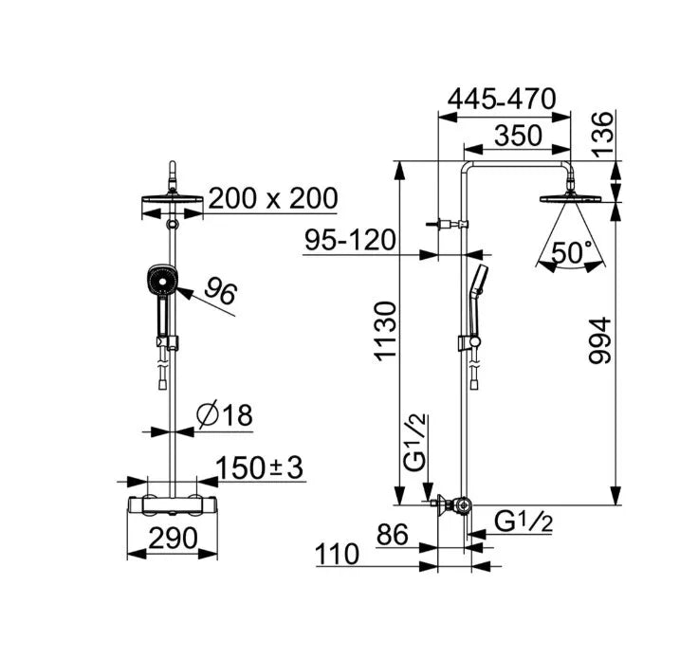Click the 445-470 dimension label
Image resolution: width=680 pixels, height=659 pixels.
(502, 99)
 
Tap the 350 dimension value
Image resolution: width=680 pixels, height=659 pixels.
(518, 135)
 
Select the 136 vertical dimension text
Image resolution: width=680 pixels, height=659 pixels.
(604, 134)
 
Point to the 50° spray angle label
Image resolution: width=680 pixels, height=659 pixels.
(572, 252)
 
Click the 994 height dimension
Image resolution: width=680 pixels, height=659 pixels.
(600, 340)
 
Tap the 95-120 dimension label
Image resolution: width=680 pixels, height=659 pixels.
(350, 240)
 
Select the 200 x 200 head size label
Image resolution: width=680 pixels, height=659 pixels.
(273, 198)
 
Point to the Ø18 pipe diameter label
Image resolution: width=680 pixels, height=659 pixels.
(224, 415)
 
